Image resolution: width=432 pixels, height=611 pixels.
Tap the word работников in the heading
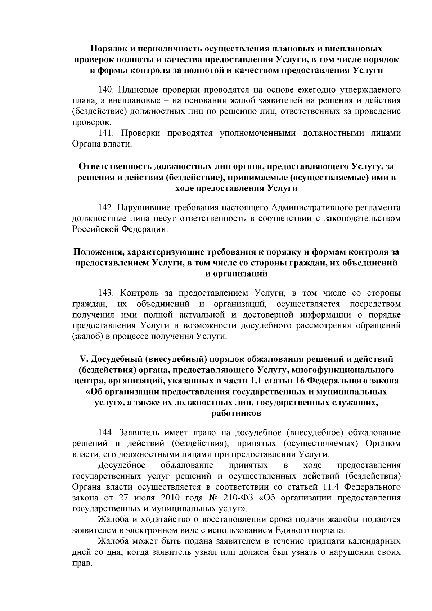[x=236, y=413]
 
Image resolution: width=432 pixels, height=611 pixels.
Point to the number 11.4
[x=329, y=487]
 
